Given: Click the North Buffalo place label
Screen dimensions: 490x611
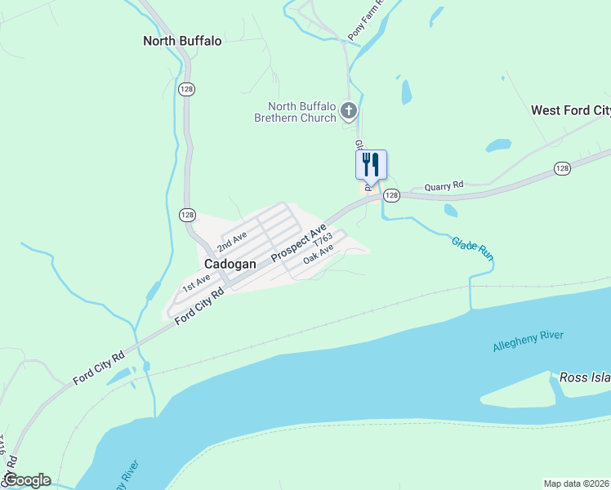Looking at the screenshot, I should click(182, 41).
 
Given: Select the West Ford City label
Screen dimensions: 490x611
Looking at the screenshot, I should click(570, 110).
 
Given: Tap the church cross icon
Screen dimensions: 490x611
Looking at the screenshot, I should click(349, 110).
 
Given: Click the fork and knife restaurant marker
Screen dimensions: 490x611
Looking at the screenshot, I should click(371, 163).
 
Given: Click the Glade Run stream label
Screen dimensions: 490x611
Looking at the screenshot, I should click(473, 247).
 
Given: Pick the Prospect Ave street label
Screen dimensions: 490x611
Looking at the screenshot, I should click(299, 242).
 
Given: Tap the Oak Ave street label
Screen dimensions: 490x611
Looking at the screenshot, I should click(319, 256).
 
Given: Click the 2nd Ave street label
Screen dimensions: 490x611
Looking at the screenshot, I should click(232, 241).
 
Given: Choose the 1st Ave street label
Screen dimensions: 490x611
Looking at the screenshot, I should click(196, 284).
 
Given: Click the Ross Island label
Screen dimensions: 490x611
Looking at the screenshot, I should click(585, 377).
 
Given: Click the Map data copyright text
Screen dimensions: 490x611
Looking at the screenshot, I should click(576, 483).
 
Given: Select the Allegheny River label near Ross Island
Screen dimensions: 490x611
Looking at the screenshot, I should click(528, 341).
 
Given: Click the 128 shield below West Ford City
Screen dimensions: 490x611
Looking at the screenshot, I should click(562, 167).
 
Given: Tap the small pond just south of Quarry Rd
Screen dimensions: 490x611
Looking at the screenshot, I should click(451, 210).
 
